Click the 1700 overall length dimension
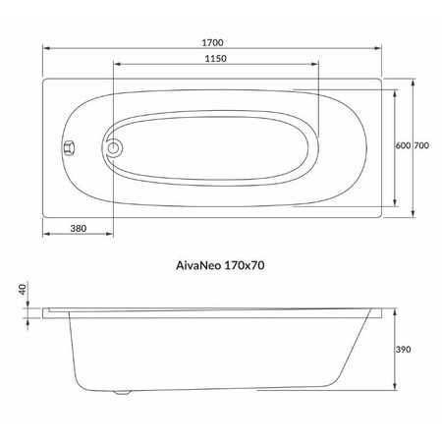[x=212, y=42]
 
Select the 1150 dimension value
[x=216, y=59]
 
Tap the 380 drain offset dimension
[x=79, y=228]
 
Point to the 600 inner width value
[x=403, y=145]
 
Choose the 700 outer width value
[x=421, y=145]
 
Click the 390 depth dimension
[x=403, y=350]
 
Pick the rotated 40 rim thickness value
[x=23, y=290]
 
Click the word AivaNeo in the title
[x=198, y=265]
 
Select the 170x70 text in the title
[x=245, y=265]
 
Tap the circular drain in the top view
[x=113, y=148]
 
